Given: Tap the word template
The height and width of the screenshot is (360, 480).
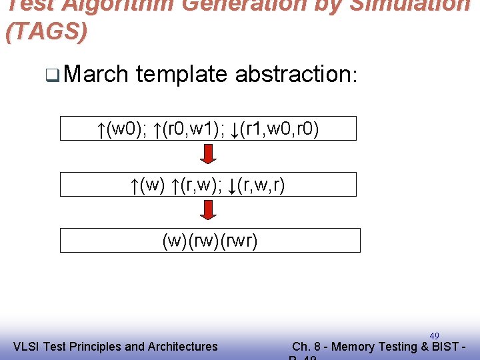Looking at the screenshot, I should [x=181, y=74].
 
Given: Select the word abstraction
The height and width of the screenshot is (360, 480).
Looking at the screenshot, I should [x=296, y=74].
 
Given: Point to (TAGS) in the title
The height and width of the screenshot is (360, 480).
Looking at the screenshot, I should [x=46, y=32].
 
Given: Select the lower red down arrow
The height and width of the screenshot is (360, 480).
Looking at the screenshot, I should [x=209, y=211].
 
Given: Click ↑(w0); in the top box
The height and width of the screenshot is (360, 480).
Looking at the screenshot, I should [x=121, y=129].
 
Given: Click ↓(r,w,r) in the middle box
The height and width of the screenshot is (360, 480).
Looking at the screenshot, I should [x=257, y=185].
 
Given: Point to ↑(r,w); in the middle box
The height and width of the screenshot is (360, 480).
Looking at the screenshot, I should [x=197, y=185].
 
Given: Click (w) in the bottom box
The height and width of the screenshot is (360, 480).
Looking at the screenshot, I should [x=175, y=241].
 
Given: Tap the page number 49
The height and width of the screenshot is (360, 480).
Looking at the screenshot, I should [x=434, y=336].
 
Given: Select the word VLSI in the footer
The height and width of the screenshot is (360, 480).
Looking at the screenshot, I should [x=26, y=346].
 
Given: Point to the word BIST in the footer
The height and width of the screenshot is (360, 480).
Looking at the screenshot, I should [x=446, y=346].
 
